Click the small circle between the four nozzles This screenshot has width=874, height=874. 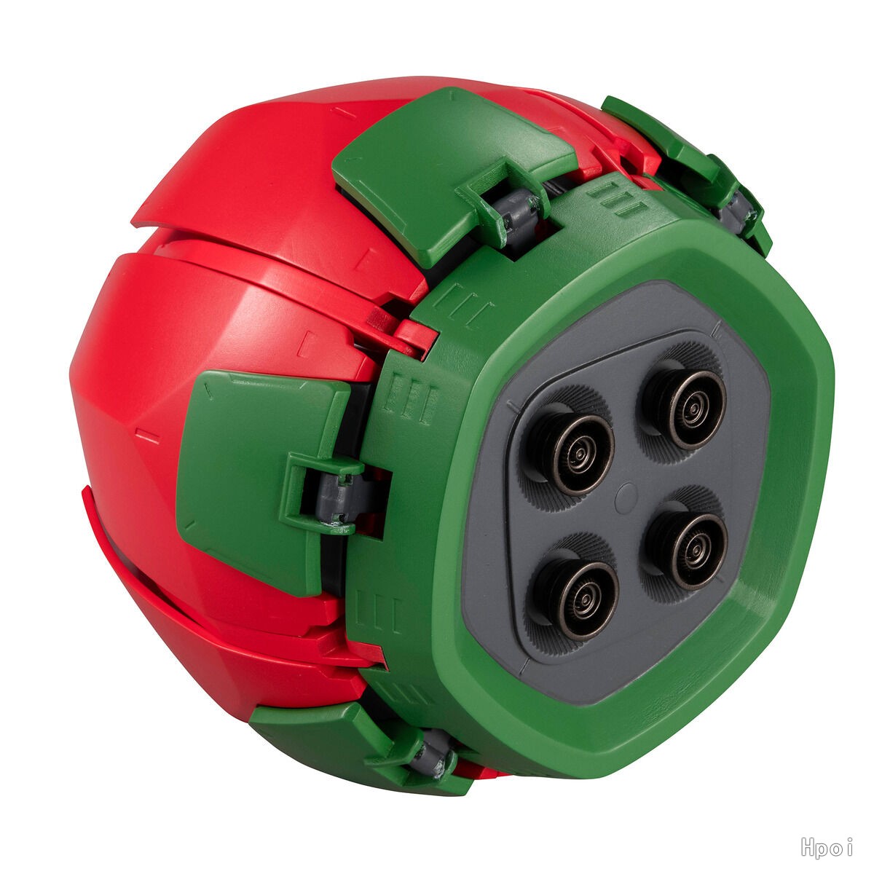(x=626, y=495)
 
